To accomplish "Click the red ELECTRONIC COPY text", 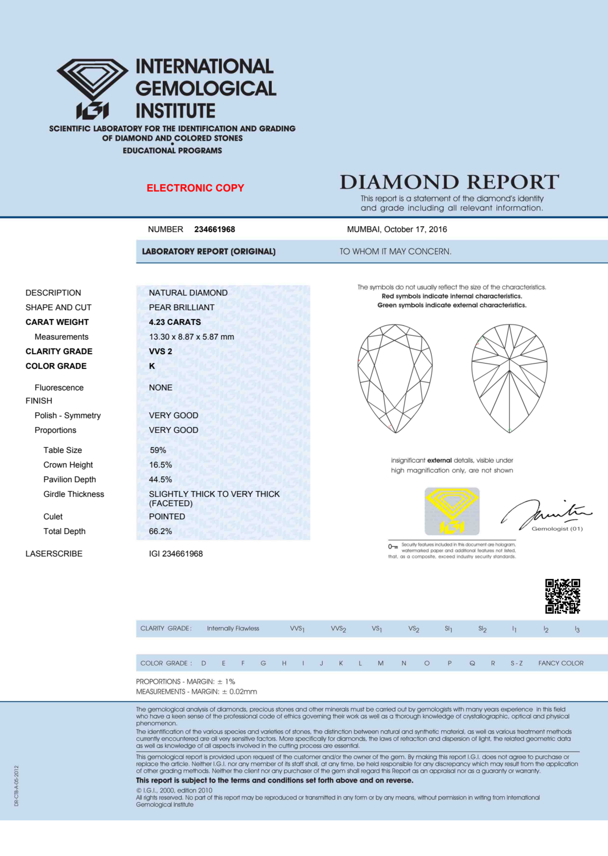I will click(x=195, y=188).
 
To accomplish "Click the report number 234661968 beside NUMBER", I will click(x=215, y=229).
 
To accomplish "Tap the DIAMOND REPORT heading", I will click(x=449, y=182).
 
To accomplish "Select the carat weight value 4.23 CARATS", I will click(x=175, y=322).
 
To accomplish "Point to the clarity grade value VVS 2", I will click(x=161, y=351).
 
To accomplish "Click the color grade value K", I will click(x=152, y=366).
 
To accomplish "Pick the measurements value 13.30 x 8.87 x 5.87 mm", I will click(x=191, y=337).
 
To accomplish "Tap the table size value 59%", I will click(x=158, y=450).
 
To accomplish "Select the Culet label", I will click(x=53, y=516).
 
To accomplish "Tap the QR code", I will click(x=562, y=596).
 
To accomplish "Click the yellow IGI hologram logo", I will click(x=452, y=511).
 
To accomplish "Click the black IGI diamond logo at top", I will click(x=92, y=89).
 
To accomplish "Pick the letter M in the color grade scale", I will click(x=380, y=663).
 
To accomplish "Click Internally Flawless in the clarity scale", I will click(x=233, y=628).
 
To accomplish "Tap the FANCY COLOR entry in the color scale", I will click(x=561, y=663).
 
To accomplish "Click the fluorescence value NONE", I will click(x=161, y=388).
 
